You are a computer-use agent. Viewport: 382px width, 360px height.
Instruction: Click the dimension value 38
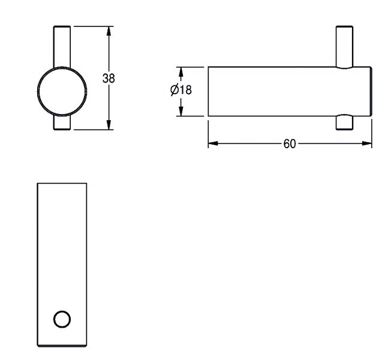pos(109,79)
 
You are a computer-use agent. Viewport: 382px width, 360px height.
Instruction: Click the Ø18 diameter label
pos(181,89)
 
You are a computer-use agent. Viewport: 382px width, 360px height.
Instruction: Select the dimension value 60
pos(290,144)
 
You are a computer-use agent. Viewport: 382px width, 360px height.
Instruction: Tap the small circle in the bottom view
pos(62,319)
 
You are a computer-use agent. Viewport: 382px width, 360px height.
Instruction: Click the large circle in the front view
pos(62,91)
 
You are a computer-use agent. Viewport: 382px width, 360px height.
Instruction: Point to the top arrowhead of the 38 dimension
pos(109,31)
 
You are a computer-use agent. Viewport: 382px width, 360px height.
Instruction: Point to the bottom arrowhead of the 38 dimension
pos(109,125)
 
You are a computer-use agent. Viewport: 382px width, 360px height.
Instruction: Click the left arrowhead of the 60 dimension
pos(213,143)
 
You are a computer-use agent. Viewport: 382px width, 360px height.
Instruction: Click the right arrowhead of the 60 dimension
pos(367,143)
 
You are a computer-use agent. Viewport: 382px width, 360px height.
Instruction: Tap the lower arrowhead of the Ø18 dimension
pos(181,111)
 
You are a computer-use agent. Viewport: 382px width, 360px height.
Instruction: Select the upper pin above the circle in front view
pos(62,47)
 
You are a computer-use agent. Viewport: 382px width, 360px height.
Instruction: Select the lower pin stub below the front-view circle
pos(62,122)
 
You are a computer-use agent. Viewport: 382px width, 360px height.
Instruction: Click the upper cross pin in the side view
pos(344,47)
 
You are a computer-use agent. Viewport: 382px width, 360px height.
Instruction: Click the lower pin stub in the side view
pos(344,122)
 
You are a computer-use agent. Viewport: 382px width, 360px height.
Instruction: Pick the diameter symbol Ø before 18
pos(175,89)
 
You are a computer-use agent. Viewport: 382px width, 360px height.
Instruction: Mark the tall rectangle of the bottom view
pos(62,265)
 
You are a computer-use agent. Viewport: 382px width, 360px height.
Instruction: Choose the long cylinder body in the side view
pos(290,91)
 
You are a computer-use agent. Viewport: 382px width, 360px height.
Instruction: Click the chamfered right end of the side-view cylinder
pos(371,91)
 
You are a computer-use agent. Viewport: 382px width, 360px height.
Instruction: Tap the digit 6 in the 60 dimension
pos(287,144)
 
